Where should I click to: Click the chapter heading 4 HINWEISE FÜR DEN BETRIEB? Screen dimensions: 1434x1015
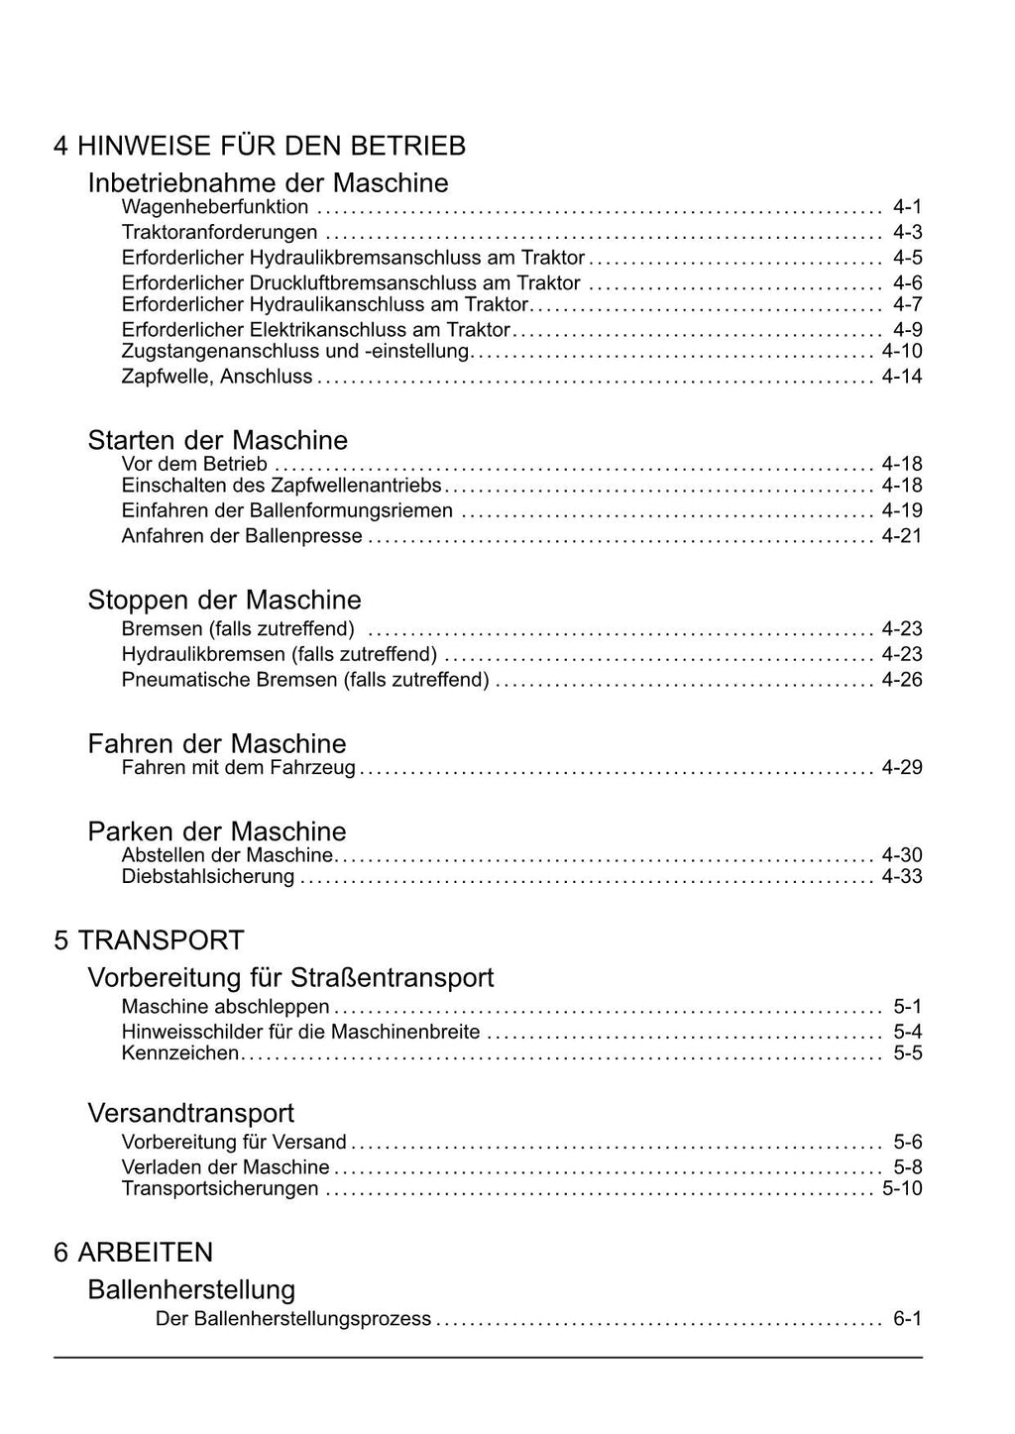pyautogui.click(x=260, y=146)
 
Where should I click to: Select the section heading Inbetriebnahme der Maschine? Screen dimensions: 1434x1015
pyautogui.click(x=268, y=182)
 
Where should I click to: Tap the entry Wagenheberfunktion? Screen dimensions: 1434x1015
pyautogui.click(x=215, y=207)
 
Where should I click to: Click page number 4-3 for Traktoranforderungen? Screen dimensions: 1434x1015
pyautogui.click(x=907, y=232)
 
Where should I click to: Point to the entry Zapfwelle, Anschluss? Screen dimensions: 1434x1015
pyautogui.click(x=217, y=377)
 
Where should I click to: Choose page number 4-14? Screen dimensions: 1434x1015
pyautogui.click(x=901, y=377)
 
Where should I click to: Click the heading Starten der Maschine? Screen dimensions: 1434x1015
pyautogui.click(x=218, y=440)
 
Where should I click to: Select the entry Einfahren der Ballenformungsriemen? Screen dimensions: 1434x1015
pyautogui.click(x=287, y=510)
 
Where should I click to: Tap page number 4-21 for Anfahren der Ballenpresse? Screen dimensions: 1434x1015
pyautogui.click(x=901, y=536)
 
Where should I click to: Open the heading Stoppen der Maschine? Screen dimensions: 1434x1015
pyautogui.click(x=224, y=600)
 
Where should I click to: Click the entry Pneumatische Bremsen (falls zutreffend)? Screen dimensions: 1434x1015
pyautogui.click(x=305, y=680)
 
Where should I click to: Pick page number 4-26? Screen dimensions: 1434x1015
pyautogui.click(x=901, y=680)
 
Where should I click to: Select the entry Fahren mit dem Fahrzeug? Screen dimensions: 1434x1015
pyautogui.click(x=238, y=767)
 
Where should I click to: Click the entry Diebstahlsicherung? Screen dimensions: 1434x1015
pyautogui.click(x=208, y=876)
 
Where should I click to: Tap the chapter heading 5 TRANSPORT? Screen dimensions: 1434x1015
pyautogui.click(x=149, y=939)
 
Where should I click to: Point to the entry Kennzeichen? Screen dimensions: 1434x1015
pyautogui.click(x=180, y=1052)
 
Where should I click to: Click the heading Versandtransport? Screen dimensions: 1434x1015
pyautogui.click(x=191, y=1113)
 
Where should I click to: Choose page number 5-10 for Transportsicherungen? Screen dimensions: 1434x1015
pyautogui.click(x=901, y=1188)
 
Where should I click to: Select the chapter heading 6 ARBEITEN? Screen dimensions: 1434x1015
pyautogui.click(x=133, y=1252)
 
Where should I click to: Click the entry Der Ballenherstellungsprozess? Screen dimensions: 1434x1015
pyautogui.click(x=293, y=1319)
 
